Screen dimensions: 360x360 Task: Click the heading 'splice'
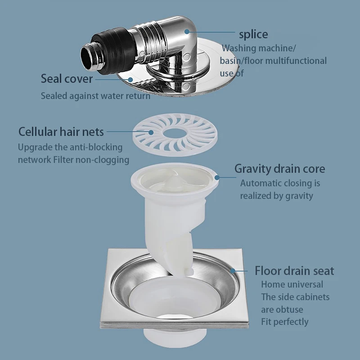pos(253,34)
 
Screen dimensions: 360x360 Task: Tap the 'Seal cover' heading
pos(67,79)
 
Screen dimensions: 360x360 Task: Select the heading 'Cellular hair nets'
pos(61,132)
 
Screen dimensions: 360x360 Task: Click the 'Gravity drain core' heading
pos(279,169)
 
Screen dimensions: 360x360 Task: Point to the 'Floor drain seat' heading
pos(294,270)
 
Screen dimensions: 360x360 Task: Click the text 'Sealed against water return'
pos(95,96)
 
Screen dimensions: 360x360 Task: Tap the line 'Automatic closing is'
pos(280,183)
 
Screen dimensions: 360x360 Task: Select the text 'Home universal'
pos(292,284)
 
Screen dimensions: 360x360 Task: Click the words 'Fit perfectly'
pos(285,322)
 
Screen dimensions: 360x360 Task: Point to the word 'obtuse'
pos(289,310)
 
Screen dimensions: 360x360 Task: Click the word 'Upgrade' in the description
pos(34,147)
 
